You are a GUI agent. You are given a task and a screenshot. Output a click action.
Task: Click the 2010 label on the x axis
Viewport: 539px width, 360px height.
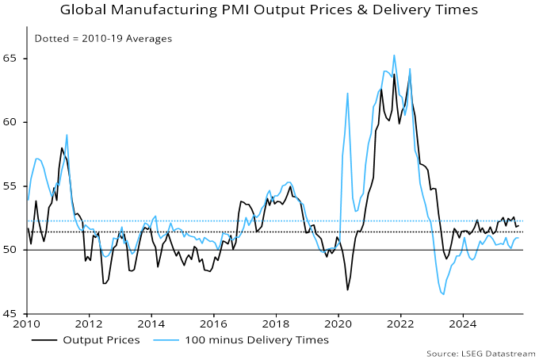[x=26, y=324]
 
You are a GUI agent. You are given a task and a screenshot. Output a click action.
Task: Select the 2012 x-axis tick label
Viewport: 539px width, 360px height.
[x=89, y=324]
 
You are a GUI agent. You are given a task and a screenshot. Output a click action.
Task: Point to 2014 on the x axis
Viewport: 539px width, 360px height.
[x=151, y=324]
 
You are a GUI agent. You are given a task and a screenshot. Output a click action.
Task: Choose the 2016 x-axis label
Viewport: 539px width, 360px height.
[x=213, y=324]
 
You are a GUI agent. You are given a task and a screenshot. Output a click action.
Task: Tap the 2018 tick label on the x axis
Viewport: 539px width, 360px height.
[x=276, y=324]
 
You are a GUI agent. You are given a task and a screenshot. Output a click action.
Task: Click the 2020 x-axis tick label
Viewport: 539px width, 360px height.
[x=338, y=324]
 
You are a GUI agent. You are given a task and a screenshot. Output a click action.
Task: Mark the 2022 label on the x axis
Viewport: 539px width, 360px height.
[x=400, y=324]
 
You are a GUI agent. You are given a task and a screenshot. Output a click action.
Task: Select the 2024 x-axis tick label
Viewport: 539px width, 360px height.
[x=463, y=324]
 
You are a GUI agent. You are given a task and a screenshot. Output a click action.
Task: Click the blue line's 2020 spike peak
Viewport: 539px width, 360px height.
[x=348, y=94]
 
